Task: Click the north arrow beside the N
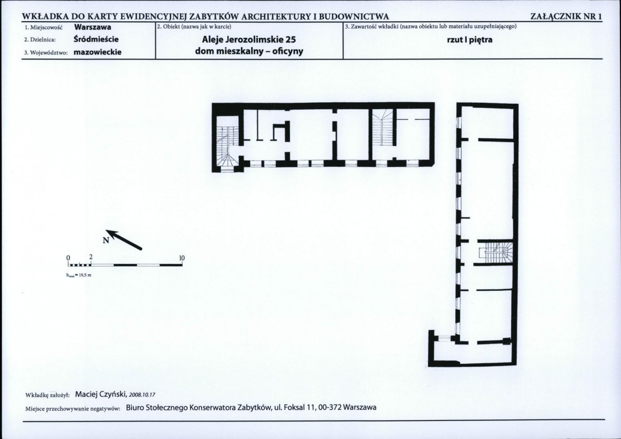pos(124,239)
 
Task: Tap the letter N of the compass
pos(106,240)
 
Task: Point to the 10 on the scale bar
pos(182,258)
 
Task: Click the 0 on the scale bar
pos(68,258)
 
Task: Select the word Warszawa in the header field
pos(93,27)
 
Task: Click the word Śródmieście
pos(96,39)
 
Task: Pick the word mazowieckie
pos(97,52)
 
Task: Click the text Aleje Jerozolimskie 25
pos(249,39)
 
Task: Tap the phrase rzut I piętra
pos(470,40)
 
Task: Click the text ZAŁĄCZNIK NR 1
pos(566,17)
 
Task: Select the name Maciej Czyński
pos(100,394)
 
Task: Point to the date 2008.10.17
pos(142,395)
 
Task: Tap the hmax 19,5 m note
pos(79,275)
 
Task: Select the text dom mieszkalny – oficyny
pos(249,51)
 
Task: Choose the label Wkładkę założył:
pos(48,395)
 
